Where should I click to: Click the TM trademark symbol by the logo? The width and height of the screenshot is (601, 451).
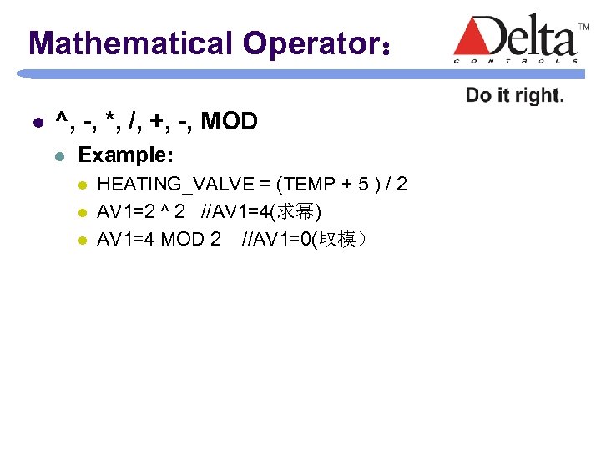584,28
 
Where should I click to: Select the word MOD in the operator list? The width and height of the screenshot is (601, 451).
230,122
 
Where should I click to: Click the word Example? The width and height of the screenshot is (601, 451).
125,155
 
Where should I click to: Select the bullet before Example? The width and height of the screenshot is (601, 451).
58,156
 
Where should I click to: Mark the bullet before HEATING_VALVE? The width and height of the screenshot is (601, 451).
81,185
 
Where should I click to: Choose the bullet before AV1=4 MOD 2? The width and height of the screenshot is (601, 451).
81,241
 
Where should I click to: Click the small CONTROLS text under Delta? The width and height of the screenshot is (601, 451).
516,60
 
